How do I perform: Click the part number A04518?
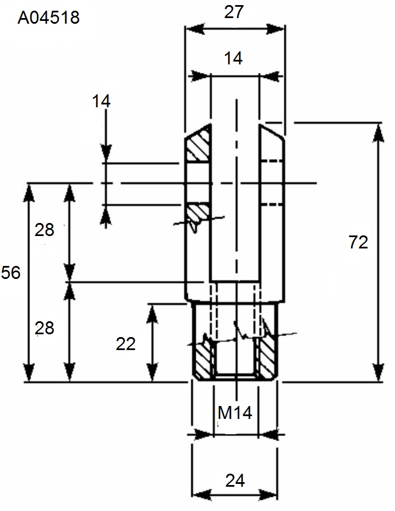coord(49,18)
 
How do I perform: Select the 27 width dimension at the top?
coord(234,12)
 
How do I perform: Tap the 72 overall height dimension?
coord(358,242)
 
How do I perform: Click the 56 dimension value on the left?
coord(11,273)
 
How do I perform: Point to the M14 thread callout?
coord(235,413)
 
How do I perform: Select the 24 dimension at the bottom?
coord(235,481)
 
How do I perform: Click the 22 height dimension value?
coord(126,344)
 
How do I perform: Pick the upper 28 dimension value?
coord(44,230)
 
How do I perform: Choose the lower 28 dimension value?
coord(44,328)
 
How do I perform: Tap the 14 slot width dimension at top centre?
coord(233,59)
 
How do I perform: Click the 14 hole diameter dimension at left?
coord(101,101)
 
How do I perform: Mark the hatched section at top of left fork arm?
coord(197,145)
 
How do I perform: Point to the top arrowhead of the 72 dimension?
coord(378,133)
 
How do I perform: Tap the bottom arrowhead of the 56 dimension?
coord(29,372)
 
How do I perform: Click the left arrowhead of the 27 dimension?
coord(195,29)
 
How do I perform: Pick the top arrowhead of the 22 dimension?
coord(152,314)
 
